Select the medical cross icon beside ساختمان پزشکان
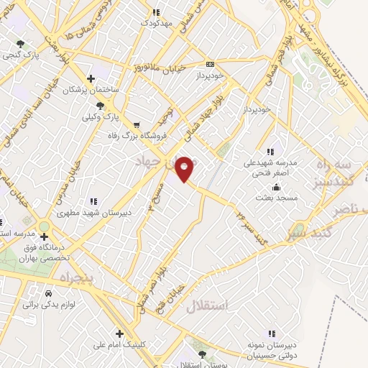(x=91, y=79)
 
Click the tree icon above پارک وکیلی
(x=109, y=105)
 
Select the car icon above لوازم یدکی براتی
(x=48, y=294)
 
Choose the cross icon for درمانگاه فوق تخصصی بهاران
(x=44, y=236)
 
